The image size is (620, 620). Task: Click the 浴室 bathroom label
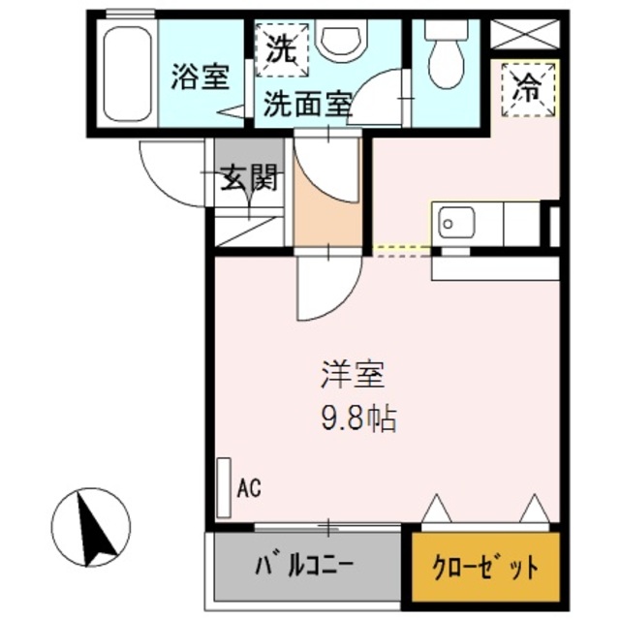pos(201,77)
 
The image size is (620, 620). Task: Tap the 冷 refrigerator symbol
pos(529,88)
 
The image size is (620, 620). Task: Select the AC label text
pos(250,486)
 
